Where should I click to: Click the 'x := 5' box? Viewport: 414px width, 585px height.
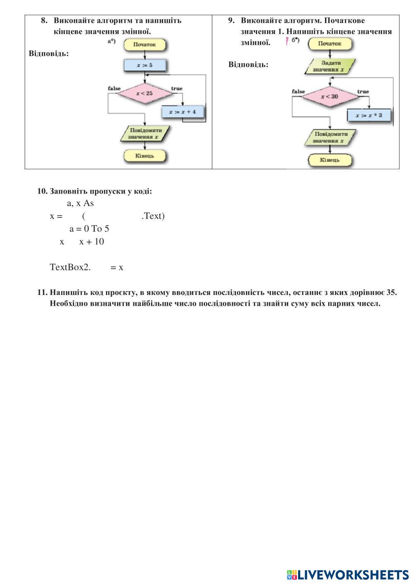click(x=144, y=65)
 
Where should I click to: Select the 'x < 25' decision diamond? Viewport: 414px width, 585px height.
click(x=144, y=93)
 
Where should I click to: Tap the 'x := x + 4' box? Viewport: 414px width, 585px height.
click(x=183, y=112)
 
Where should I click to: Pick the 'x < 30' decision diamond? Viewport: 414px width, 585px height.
click(x=330, y=97)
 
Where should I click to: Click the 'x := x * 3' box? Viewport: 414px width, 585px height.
click(x=369, y=115)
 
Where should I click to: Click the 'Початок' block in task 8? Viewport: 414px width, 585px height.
click(x=144, y=45)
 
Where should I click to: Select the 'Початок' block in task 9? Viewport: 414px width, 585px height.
click(x=330, y=43)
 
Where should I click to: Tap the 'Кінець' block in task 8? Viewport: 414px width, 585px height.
click(x=144, y=156)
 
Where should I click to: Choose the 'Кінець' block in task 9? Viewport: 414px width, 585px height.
click(x=330, y=160)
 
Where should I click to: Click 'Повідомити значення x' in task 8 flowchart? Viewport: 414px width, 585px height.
click(x=144, y=133)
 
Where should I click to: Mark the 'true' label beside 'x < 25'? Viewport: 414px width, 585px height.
click(x=177, y=89)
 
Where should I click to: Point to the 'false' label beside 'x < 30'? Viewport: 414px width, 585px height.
click(x=298, y=91)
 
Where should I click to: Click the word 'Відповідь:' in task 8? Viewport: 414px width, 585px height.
click(x=49, y=53)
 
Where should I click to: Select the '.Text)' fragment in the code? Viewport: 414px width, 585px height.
click(x=153, y=216)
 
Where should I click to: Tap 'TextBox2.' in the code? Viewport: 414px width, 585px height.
click(x=70, y=267)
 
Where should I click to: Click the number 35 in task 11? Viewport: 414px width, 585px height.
click(x=391, y=292)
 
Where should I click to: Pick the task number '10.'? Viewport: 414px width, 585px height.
click(x=42, y=191)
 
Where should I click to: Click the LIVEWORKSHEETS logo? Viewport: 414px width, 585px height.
click(x=348, y=575)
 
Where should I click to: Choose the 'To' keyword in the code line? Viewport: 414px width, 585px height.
click(x=96, y=229)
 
